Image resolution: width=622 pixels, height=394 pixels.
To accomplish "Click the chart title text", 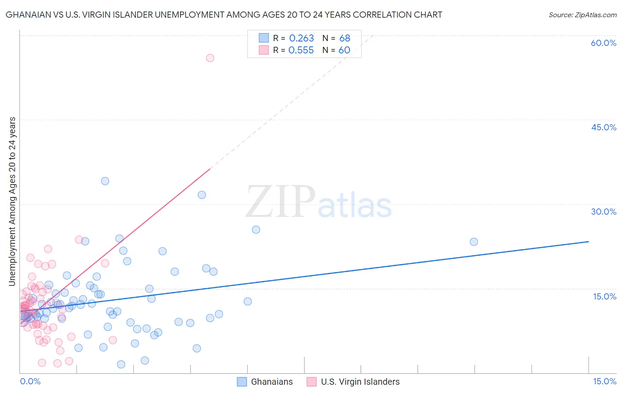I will (x=224, y=15).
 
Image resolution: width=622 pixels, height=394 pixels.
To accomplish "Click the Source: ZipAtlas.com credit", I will (x=582, y=15).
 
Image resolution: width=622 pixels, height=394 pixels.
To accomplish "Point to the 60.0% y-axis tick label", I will (x=603, y=43).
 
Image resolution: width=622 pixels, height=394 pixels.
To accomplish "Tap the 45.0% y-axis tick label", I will (x=603, y=127).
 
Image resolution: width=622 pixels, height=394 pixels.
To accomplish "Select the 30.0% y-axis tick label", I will (x=603, y=212).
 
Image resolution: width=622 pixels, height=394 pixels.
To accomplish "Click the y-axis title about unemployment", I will (x=12, y=201).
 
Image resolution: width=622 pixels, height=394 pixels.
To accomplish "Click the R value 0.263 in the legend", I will (x=301, y=38).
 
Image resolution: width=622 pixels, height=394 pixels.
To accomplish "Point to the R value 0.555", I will (x=301, y=50).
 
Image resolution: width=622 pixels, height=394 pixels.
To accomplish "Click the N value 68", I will (x=345, y=38).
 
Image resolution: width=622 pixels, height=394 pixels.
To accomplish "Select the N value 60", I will (x=344, y=50).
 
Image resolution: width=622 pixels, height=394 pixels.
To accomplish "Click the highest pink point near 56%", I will (x=210, y=58).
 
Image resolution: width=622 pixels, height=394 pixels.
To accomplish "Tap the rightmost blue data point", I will (x=474, y=242).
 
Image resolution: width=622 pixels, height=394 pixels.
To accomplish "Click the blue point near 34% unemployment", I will (x=105, y=181).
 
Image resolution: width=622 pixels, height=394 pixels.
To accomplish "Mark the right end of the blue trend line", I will (x=588, y=242).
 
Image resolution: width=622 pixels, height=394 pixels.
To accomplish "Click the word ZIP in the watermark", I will (x=280, y=202).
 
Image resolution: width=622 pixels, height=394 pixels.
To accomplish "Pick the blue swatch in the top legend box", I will (x=264, y=38).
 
